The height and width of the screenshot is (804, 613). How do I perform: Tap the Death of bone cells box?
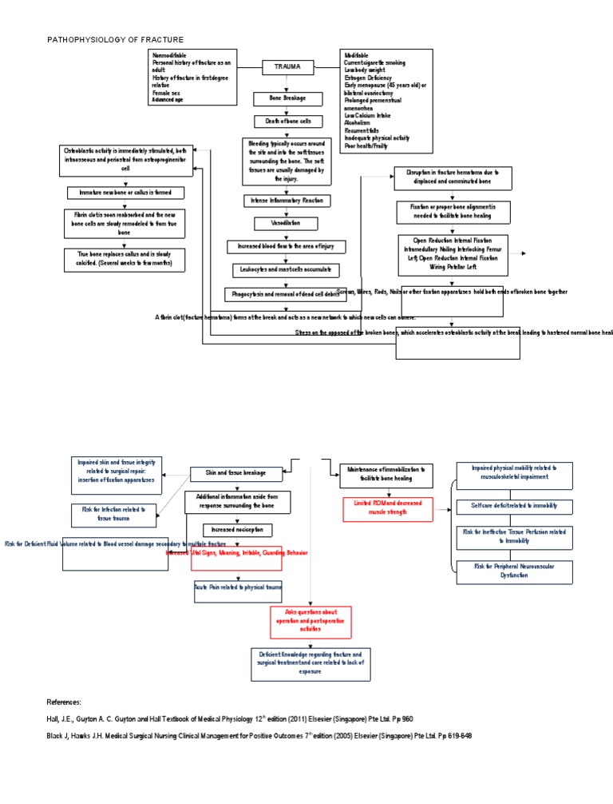[287, 121]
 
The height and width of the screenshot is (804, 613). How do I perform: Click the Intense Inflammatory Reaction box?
[288, 200]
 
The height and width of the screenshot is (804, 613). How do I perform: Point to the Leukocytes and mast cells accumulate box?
[287, 270]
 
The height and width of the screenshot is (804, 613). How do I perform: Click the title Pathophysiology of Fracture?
[115, 39]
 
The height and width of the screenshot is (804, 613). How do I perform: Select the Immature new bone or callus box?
[125, 193]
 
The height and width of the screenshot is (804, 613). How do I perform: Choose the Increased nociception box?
[237, 529]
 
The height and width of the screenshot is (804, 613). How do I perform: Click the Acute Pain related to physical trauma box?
[237, 591]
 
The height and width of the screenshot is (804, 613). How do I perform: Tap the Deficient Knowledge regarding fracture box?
[310, 663]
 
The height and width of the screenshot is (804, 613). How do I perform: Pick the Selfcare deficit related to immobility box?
[513, 506]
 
